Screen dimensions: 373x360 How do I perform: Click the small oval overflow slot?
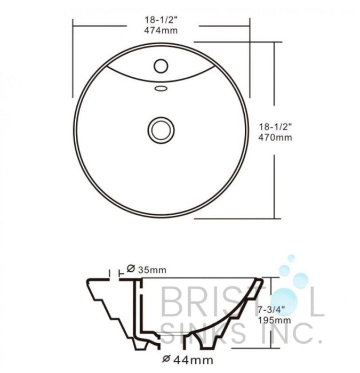tap(161, 88)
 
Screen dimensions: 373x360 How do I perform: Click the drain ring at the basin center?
tap(161, 129)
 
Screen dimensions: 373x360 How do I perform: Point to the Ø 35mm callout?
tap(147, 270)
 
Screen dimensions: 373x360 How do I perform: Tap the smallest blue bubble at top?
tap(291, 258)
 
